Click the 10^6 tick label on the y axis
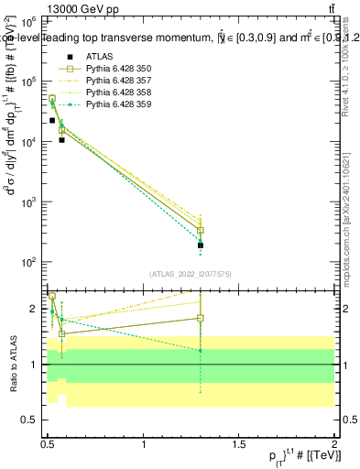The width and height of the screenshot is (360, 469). (x=31, y=21)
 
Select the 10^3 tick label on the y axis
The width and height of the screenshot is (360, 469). (x=31, y=202)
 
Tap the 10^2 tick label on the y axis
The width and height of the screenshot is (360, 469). (x=31, y=262)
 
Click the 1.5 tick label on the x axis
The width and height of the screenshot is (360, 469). (x=239, y=443)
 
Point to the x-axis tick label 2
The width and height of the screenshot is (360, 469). (x=334, y=443)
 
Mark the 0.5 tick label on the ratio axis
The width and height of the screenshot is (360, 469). (x=33, y=420)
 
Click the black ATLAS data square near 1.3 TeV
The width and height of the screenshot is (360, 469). (x=201, y=245)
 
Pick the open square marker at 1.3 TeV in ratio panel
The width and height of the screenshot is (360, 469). (x=201, y=318)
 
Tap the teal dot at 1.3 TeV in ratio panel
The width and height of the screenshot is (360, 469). (x=201, y=351)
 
